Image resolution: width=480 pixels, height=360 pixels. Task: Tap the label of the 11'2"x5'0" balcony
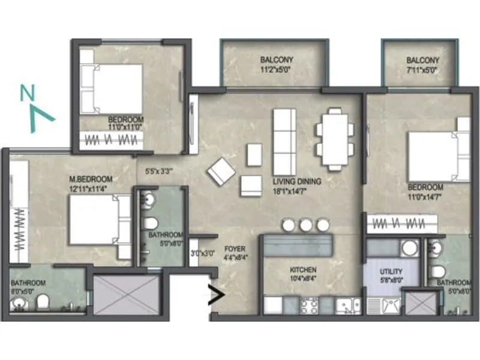(x=277, y=65)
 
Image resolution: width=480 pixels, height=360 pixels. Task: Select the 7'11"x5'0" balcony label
(x=422, y=65)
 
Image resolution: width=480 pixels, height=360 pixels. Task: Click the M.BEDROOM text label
(x=91, y=184)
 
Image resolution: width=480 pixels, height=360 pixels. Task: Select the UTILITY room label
(x=391, y=275)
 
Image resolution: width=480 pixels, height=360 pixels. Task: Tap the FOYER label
(x=233, y=251)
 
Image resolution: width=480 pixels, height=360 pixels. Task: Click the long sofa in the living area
(x=284, y=142)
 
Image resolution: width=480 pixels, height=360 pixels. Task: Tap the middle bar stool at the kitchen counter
(x=306, y=225)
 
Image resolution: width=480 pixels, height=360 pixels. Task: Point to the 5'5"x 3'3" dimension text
(x=160, y=170)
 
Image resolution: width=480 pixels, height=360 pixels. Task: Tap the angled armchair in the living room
(x=221, y=170)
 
